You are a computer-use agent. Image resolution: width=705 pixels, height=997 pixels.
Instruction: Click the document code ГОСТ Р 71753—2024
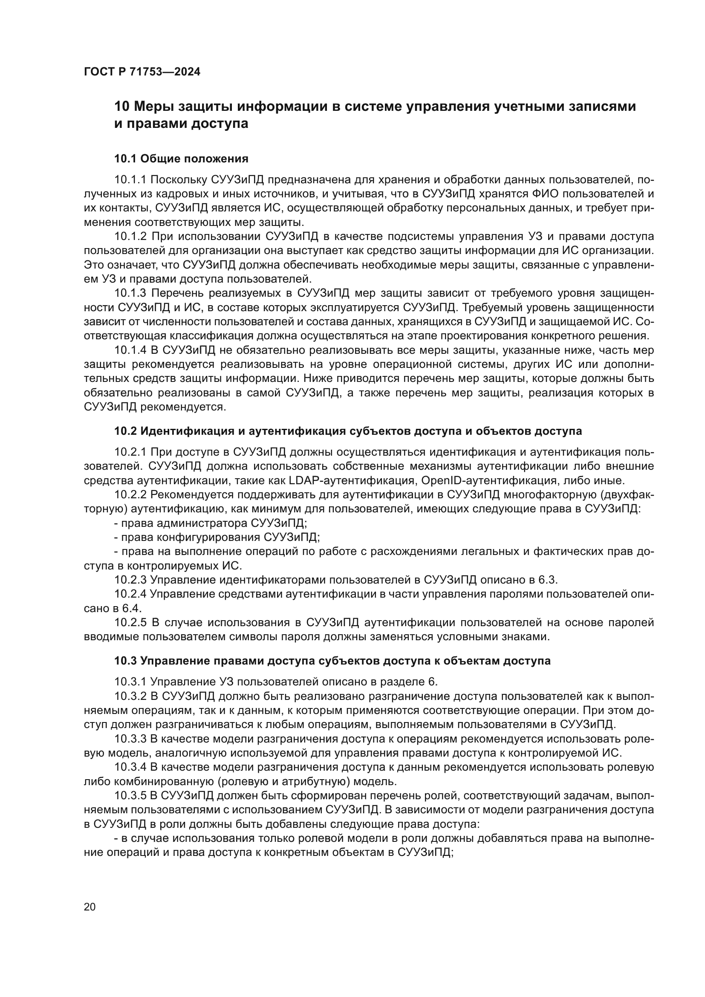click(x=142, y=72)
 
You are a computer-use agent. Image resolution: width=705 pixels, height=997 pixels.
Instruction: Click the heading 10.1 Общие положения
click(x=181, y=159)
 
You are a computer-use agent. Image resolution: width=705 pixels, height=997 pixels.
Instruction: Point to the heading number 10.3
click(x=126, y=661)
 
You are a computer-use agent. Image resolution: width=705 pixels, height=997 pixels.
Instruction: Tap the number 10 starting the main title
click(x=121, y=107)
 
